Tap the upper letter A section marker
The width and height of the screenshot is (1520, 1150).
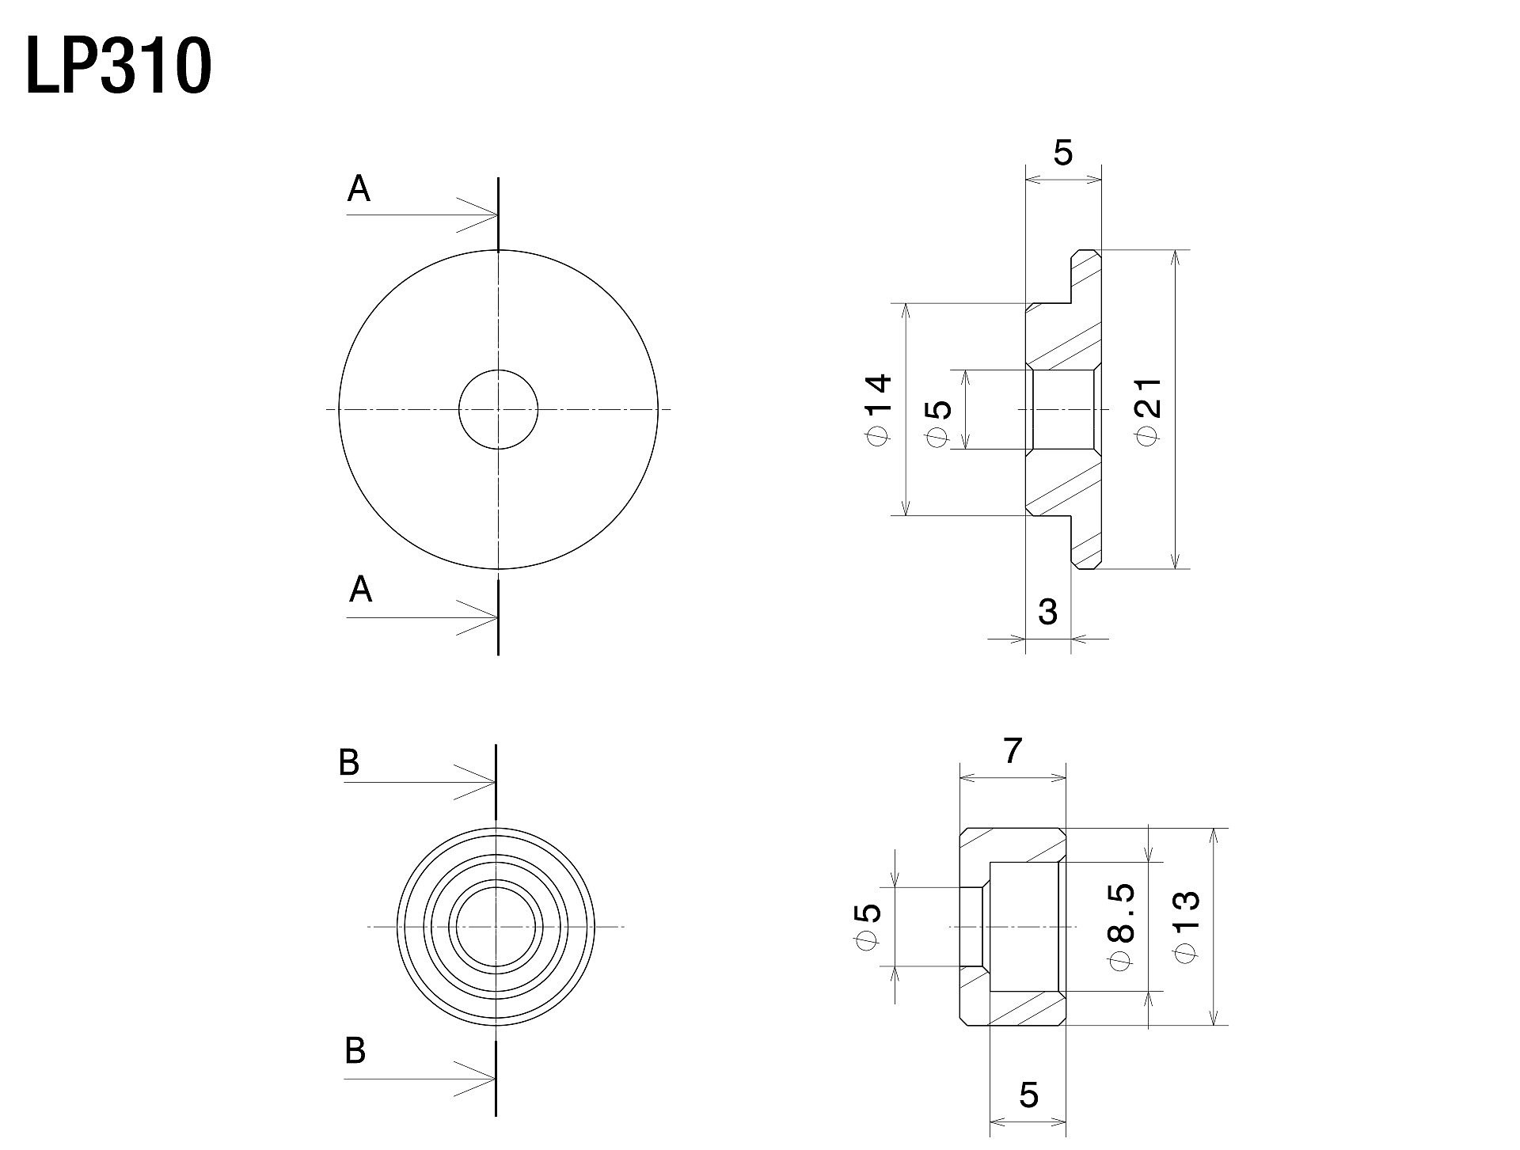pyautogui.click(x=359, y=189)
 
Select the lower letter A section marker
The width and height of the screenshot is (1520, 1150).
pyautogui.click(x=360, y=590)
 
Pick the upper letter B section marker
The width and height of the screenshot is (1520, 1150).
pyautogui.click(x=349, y=762)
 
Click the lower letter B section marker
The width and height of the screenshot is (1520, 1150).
pyautogui.click(x=355, y=1050)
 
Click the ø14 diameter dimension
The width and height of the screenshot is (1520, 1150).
pyautogui.click(x=879, y=409)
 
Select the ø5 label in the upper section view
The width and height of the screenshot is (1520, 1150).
pyautogui.click(x=937, y=423)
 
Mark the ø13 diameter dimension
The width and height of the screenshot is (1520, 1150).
pyautogui.click(x=1187, y=927)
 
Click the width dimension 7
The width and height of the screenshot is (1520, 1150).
pyautogui.click(x=1013, y=750)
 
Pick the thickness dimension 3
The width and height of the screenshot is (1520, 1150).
pyautogui.click(x=1047, y=611)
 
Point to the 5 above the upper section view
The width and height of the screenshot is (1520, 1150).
pyautogui.click(x=1063, y=153)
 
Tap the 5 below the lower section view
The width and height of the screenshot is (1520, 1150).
pyautogui.click(x=1028, y=1095)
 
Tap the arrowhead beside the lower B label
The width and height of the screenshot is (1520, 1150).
pyautogui.click(x=475, y=1078)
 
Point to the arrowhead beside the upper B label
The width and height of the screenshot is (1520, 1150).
pyautogui.click(x=475, y=783)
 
